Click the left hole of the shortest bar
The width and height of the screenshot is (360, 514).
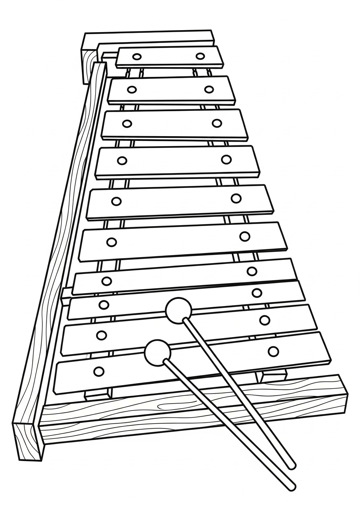(137, 57)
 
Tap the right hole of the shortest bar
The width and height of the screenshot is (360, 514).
(200, 56)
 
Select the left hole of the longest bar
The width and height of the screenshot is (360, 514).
(98, 371)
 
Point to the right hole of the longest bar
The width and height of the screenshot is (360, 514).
(273, 351)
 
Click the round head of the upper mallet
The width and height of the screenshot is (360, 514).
(179, 311)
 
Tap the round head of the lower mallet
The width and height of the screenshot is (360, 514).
(157, 353)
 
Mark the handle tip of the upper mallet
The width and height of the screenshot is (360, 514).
(292, 466)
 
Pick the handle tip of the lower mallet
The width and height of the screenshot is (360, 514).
(292, 487)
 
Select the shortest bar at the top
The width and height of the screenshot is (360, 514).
(169, 57)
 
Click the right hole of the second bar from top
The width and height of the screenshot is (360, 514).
(209, 89)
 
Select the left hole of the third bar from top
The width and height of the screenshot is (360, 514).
(127, 124)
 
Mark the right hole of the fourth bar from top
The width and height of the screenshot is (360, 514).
(226, 159)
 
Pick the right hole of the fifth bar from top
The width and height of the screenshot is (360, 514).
(236, 198)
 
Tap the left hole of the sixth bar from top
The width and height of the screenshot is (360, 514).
(111, 242)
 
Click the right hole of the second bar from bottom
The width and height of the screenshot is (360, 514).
(264, 320)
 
